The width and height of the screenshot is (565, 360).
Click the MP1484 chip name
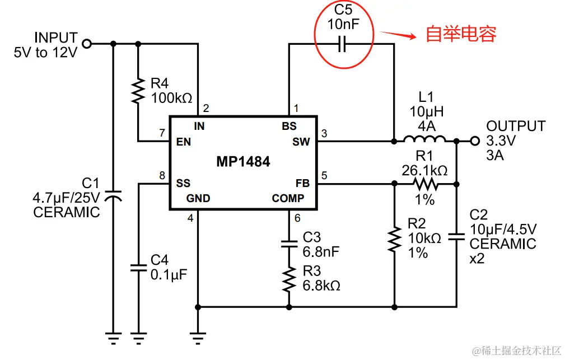point(243,162)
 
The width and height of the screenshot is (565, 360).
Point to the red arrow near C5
point(399,35)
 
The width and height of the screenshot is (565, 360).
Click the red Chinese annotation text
point(461,35)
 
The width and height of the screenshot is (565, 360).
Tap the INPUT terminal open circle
point(86,44)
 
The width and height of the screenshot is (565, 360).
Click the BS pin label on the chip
point(289,126)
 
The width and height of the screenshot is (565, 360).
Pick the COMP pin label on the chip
point(288,198)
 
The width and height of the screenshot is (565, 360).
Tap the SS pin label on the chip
point(183,183)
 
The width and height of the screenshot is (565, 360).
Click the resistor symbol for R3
point(289,278)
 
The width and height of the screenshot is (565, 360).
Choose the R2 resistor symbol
point(395,238)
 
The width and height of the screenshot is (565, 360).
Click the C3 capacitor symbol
point(289,244)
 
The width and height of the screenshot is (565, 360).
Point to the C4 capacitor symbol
point(138,267)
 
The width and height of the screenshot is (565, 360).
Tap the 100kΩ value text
point(172,97)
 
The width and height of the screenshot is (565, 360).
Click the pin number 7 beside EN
point(162,133)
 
